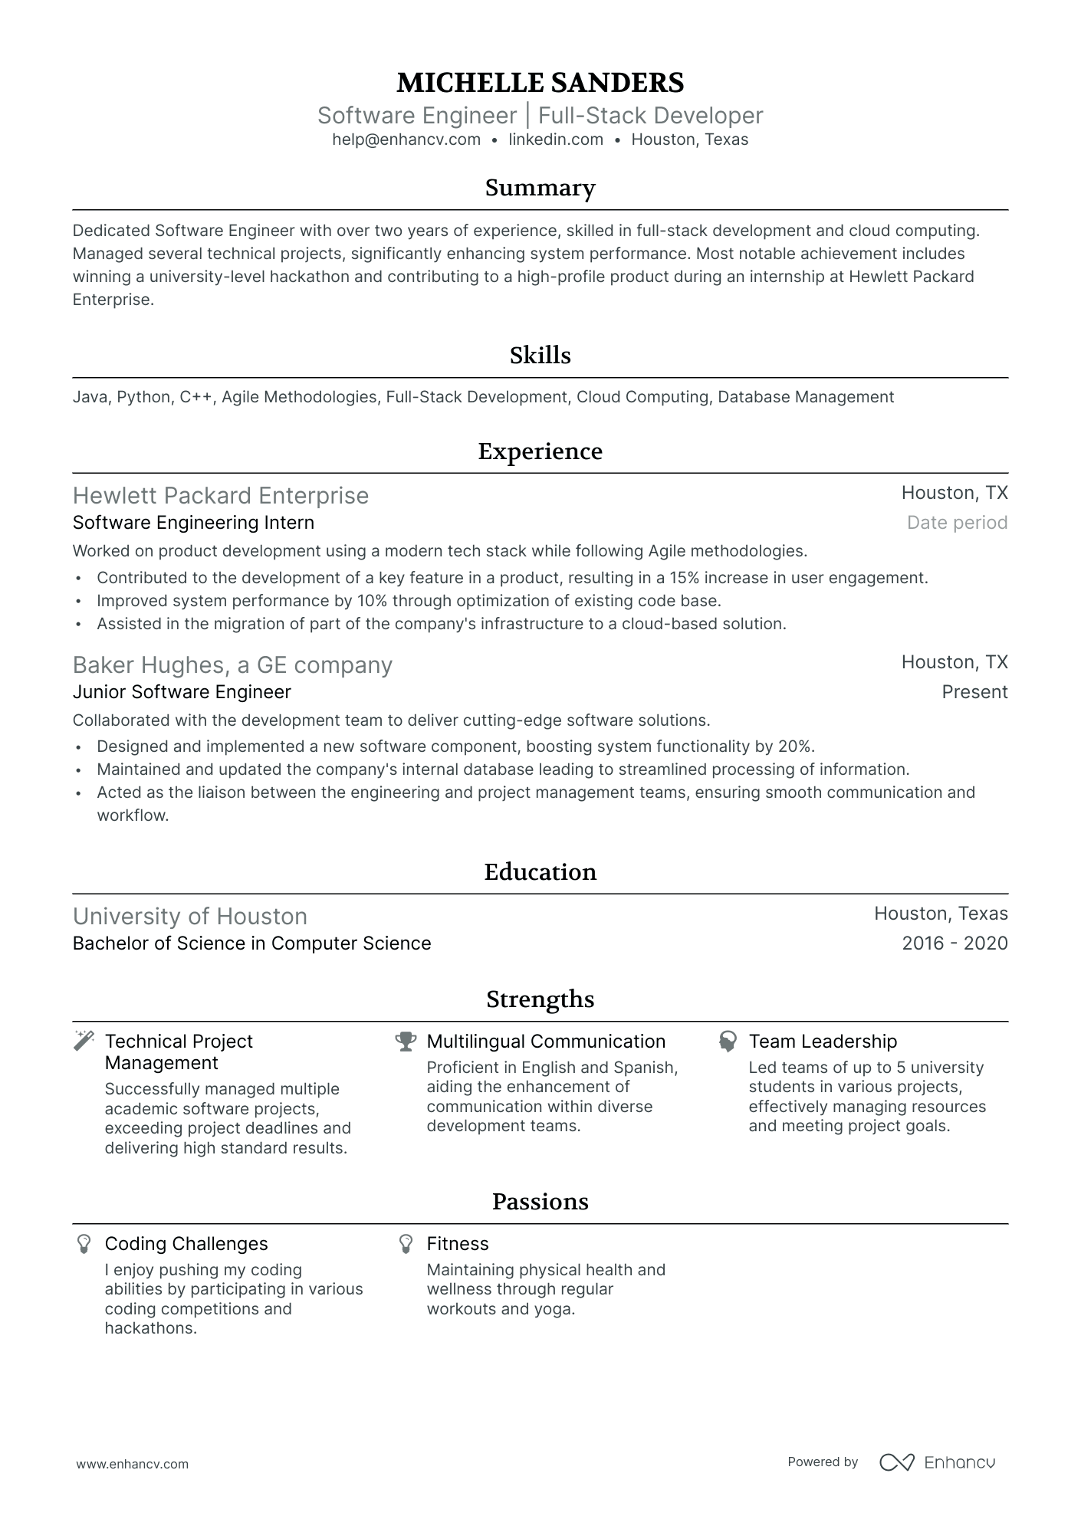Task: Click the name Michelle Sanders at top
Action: [x=540, y=82]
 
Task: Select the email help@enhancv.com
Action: [x=406, y=139]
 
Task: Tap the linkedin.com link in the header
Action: [x=556, y=139]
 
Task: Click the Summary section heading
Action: [x=540, y=188]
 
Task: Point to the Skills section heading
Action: [x=540, y=355]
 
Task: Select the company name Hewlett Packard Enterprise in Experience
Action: [x=221, y=496]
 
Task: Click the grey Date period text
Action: [x=957, y=523]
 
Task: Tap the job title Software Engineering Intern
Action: [x=193, y=523]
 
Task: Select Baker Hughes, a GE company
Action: [x=232, y=664]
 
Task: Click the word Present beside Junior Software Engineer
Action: [x=974, y=692]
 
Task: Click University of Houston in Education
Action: [x=190, y=916]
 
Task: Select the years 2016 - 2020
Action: [x=955, y=943]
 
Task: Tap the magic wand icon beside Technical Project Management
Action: [x=84, y=1041]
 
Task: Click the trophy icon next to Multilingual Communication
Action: [x=406, y=1041]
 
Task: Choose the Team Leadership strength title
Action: [x=823, y=1041]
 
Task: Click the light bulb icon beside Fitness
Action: [x=406, y=1243]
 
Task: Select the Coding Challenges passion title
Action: [x=186, y=1243]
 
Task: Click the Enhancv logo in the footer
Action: [x=937, y=1462]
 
